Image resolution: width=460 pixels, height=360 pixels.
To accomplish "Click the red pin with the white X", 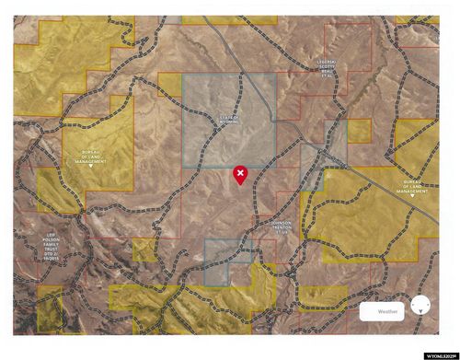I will tap(240, 174).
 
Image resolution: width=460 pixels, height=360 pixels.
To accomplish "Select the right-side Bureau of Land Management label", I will tap(419, 187).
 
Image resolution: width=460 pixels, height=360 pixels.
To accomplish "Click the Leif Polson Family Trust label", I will tap(57, 243).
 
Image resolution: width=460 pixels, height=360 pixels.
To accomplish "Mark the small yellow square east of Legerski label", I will tap(359, 130).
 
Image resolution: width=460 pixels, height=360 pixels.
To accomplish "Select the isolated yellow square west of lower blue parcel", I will tap(144, 250).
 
